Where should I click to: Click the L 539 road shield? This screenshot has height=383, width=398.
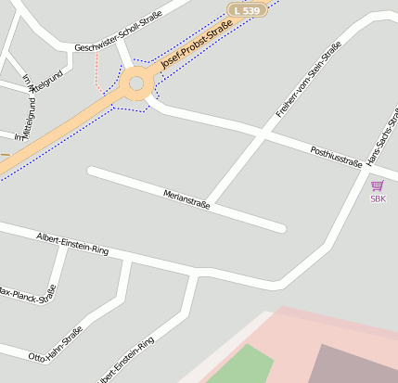(248, 9)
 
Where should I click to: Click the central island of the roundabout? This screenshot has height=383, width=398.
(136, 83)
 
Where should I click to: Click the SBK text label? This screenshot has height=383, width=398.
(378, 198)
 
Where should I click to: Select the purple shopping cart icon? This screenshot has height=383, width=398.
(378, 185)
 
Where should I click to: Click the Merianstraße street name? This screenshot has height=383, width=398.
(186, 198)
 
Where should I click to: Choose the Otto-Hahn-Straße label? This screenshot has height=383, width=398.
(56, 343)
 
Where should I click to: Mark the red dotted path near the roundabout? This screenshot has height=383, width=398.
(98, 70)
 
